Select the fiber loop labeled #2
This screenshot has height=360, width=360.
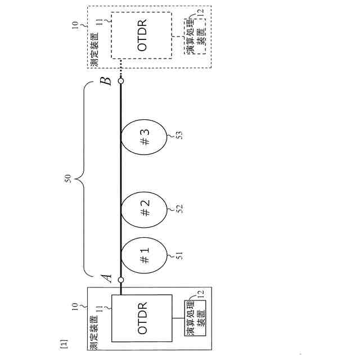pyautogui.click(x=145, y=212)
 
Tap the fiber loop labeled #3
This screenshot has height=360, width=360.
pyautogui.click(x=145, y=138)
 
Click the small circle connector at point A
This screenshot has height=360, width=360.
pyautogui.click(x=120, y=279)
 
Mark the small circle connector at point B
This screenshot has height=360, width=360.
pyautogui.click(x=120, y=81)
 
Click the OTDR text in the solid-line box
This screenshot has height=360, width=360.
pyautogui.click(x=142, y=318)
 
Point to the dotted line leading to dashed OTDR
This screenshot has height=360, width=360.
pyautogui.click(x=120, y=70)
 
